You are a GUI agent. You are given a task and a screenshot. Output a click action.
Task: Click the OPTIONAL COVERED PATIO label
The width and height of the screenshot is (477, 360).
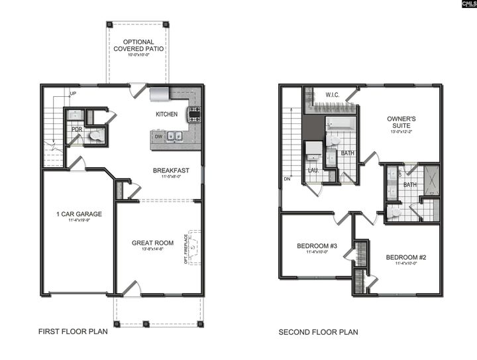pyautogui.click(x=138, y=45)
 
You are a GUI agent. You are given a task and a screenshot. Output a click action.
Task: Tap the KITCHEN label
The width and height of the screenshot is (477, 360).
pyautogui.click(x=167, y=115)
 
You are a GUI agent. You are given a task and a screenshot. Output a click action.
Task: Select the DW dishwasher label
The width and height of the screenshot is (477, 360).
pyautogui.click(x=158, y=137)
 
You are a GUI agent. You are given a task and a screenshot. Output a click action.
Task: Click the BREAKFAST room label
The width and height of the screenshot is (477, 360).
pyautogui.click(x=171, y=170)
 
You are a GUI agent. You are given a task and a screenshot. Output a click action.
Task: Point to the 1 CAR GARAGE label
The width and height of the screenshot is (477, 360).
pyautogui.click(x=79, y=213)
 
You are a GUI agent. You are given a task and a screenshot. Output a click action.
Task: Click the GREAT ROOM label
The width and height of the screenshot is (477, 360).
pyautogui.click(x=152, y=243)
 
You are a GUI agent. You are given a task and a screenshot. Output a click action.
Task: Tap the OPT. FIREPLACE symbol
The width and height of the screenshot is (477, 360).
pyautogui.click(x=193, y=247)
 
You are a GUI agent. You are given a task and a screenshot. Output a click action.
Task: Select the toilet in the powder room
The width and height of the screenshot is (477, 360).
pyautogui.click(x=95, y=136)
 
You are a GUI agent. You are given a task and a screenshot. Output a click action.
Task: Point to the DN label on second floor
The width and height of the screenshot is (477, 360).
pyautogui.click(x=287, y=178)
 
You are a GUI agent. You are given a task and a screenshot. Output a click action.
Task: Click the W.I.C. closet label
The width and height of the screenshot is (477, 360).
pyautogui.click(x=333, y=95)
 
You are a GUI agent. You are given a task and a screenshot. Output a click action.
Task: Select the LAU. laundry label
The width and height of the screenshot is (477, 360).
pyautogui.click(x=313, y=170)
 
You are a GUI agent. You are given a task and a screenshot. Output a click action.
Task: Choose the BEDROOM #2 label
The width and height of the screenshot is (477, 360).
pyautogui.click(x=405, y=257)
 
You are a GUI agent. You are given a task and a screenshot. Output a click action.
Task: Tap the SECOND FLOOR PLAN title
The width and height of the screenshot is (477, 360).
pyautogui.click(x=318, y=332)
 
